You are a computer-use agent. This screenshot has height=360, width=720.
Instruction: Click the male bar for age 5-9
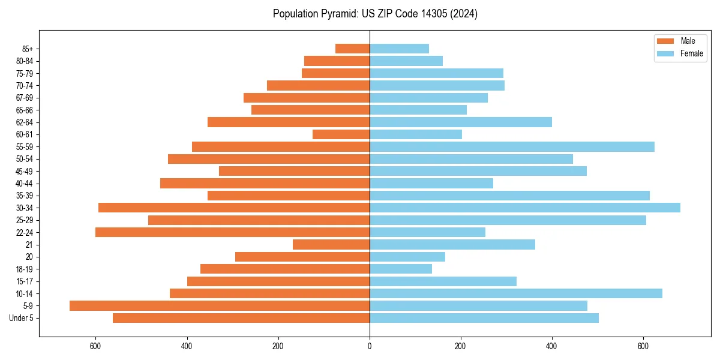pos(220,305)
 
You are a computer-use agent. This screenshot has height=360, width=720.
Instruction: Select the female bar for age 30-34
pos(525,208)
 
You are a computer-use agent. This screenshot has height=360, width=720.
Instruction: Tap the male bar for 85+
pos(352,49)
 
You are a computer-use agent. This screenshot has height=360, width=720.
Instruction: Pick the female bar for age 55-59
pos(512,146)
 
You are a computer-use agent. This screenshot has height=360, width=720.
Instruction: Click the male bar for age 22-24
pos(232,232)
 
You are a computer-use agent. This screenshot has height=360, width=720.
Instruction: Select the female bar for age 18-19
pos(401,269)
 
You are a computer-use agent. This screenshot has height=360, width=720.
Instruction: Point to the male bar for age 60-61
pos(341,134)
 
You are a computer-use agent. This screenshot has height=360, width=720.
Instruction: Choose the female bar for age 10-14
pos(516,293)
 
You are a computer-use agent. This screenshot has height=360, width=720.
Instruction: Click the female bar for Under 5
pos(484,318)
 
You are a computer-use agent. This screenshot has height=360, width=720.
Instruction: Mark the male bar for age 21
pos(331,244)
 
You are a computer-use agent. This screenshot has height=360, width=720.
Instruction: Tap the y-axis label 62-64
pos(25,122)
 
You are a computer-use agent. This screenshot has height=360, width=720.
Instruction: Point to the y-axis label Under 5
pos(22,318)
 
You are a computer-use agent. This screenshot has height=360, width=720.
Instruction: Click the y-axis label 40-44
pos(25,184)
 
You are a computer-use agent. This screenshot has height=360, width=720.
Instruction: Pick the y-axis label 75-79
pos(25,74)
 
